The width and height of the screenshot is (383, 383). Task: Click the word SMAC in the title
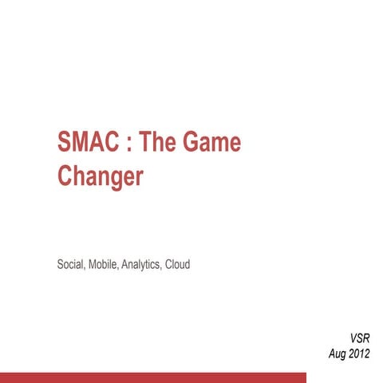tap(89, 144)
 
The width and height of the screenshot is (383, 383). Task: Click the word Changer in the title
tap(101, 176)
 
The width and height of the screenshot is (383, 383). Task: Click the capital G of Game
tap(192, 144)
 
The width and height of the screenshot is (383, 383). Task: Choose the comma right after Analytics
tap(161, 266)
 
